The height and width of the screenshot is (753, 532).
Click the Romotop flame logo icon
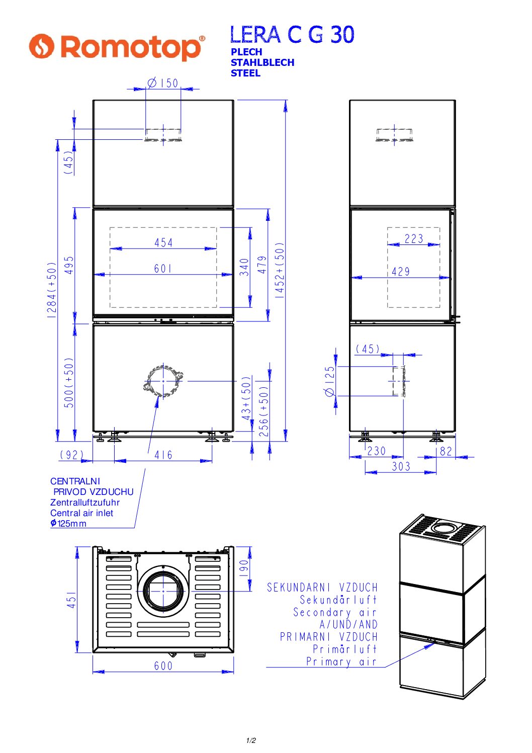tap(41, 46)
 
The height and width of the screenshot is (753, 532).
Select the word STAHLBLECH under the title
tap(262, 62)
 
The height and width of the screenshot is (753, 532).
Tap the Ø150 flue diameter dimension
tap(163, 82)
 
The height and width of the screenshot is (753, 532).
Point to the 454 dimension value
tap(163, 242)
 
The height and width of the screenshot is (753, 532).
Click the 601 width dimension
tap(163, 268)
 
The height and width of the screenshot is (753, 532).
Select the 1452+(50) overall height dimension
tap(280, 270)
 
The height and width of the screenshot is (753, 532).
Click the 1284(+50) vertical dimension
tap(51, 290)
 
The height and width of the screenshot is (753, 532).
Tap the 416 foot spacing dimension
tap(163, 455)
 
